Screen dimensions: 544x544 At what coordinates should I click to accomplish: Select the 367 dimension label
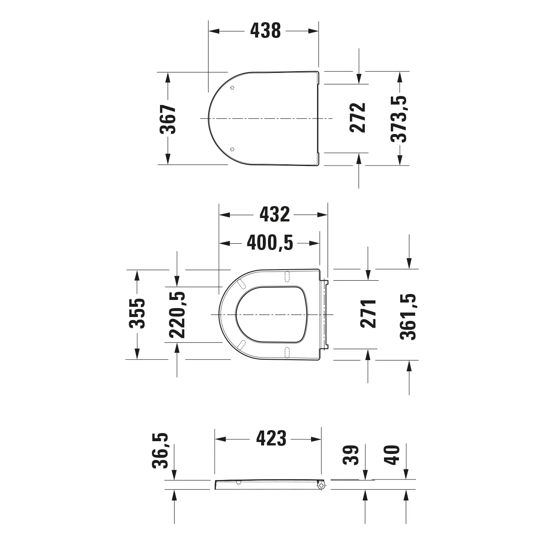pos(168,119)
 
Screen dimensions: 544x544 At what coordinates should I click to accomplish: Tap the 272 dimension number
pos(358,117)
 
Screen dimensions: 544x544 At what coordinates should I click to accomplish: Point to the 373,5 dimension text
pos(399,119)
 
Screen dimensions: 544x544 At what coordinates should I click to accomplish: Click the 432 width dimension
pos(275,215)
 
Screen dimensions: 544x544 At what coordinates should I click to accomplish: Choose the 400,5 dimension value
pos(270,243)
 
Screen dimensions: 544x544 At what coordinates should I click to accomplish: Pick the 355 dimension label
pos(137,313)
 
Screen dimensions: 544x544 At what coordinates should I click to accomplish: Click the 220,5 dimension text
pos(177,315)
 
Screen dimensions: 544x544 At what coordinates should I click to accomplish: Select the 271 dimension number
pos(368,314)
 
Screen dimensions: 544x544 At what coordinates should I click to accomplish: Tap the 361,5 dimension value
pos(408,317)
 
